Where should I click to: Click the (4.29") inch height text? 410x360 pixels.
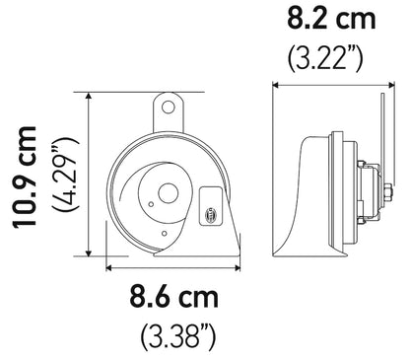point(64,179)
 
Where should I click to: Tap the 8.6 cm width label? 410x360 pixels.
point(174,295)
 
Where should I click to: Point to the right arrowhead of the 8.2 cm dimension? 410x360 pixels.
point(381,84)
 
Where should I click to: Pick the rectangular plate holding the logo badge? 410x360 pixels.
point(211,207)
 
